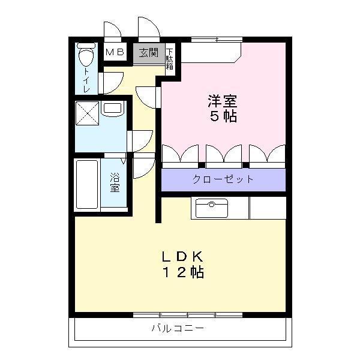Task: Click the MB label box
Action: point(115,52)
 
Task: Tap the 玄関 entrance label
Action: point(148,53)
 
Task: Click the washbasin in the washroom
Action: point(112,109)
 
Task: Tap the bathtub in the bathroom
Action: point(87,185)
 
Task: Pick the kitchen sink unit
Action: point(211,208)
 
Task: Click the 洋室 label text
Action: point(221,100)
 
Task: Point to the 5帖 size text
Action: point(221,116)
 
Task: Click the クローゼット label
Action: point(223,179)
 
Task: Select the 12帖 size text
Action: point(182,273)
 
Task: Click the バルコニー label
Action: point(178,329)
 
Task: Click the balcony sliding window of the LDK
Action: point(187,314)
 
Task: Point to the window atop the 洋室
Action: point(216,40)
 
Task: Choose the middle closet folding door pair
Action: point(223,155)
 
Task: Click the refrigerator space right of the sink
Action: point(267,208)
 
